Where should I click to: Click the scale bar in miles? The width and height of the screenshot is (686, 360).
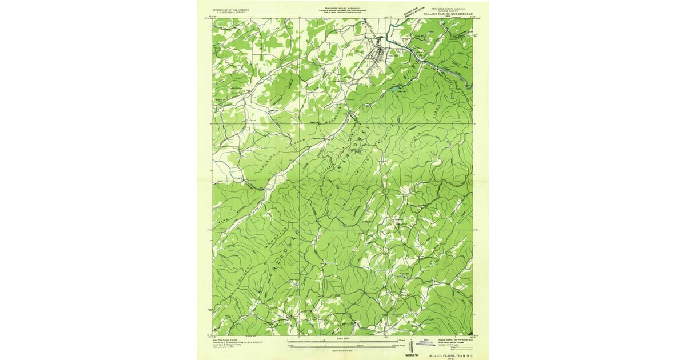[343, 342]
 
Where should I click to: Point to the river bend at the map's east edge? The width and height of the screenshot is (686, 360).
[469, 86]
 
